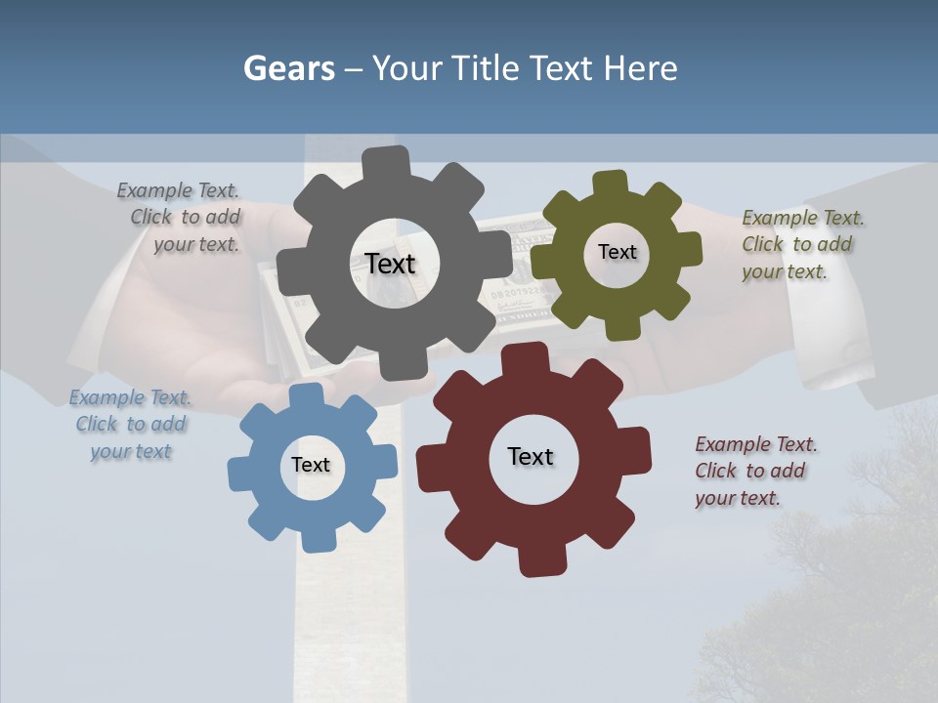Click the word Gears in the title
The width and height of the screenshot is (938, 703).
(289, 68)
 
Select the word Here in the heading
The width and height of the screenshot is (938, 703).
(640, 68)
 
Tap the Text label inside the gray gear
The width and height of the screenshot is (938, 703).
(390, 264)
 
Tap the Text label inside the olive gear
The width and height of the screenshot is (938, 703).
(617, 252)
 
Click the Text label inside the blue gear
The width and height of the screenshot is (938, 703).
(311, 465)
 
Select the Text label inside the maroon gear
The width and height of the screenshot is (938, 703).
(531, 456)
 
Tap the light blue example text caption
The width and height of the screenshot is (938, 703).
(130, 425)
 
